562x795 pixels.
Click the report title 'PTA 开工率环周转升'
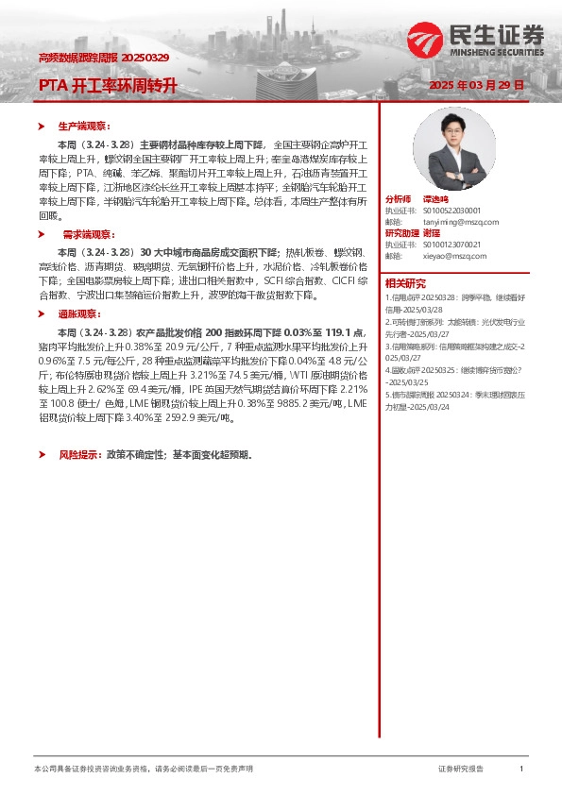[x=108, y=85]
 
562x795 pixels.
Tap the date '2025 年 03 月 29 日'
[x=476, y=85]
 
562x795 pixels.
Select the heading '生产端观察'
[x=84, y=126]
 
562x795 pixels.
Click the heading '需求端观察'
[x=84, y=232]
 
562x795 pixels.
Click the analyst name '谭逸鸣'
[x=435, y=200]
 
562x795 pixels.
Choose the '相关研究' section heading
[x=405, y=283]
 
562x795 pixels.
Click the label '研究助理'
[x=400, y=233]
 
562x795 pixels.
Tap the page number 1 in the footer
[x=521, y=770]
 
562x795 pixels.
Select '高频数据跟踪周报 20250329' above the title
[x=104, y=59]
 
